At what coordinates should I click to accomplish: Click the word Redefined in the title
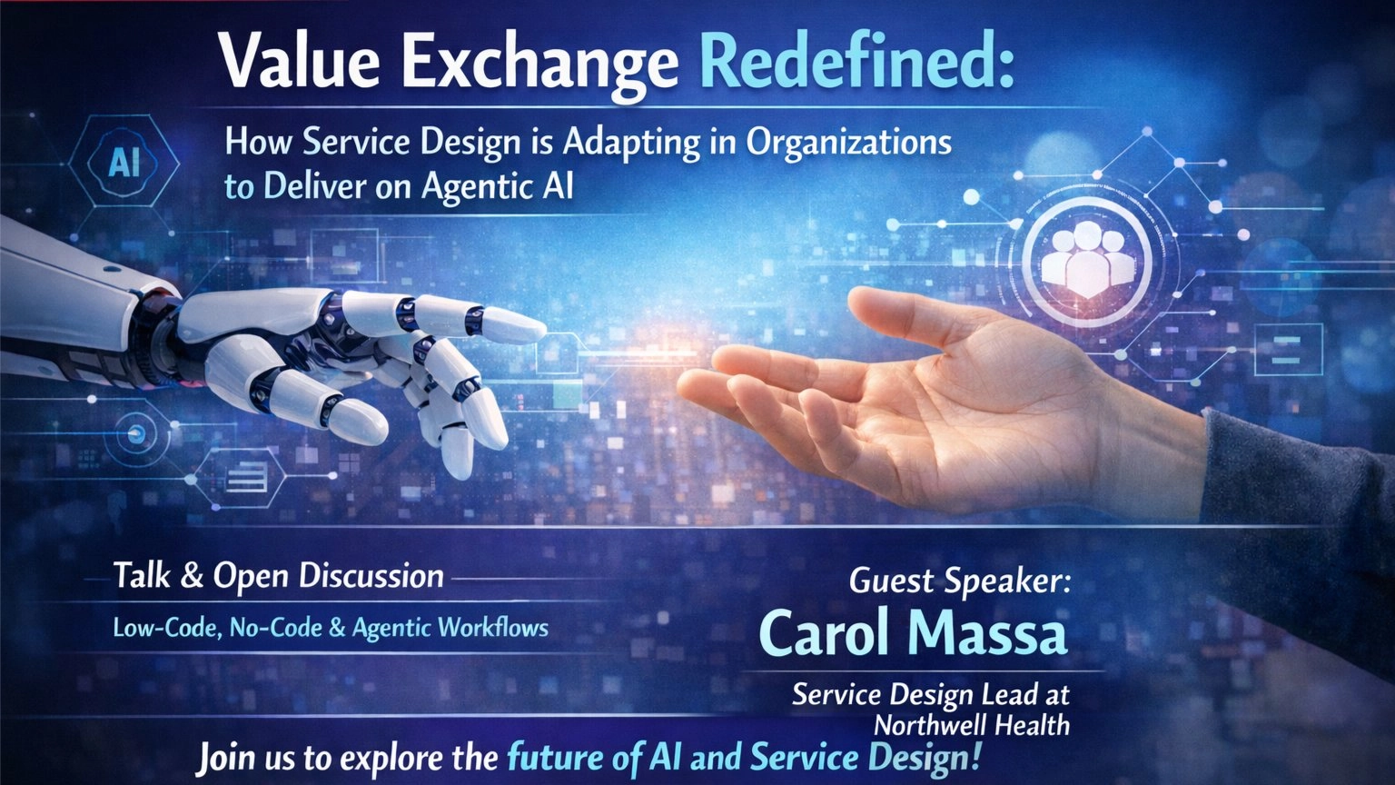click(857, 63)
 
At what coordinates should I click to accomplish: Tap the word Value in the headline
click(301, 63)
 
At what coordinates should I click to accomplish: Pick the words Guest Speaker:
click(959, 581)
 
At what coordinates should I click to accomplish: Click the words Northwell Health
click(971, 725)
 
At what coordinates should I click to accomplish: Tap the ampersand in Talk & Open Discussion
click(192, 577)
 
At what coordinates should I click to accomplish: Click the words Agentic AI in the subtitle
click(498, 186)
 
